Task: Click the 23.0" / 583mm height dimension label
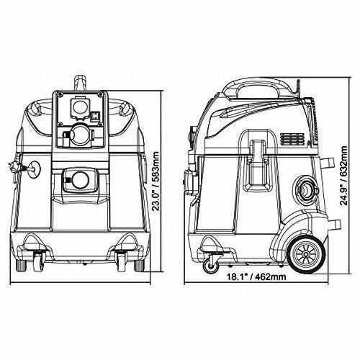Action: click(166, 182)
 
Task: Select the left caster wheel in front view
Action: click(34, 260)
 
